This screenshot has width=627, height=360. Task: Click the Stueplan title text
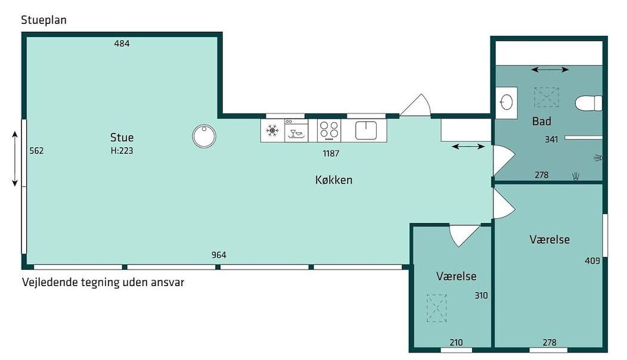[x=44, y=20]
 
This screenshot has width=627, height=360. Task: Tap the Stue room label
[x=122, y=137]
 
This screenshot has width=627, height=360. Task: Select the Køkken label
[x=334, y=180]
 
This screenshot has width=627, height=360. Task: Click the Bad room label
[x=542, y=121]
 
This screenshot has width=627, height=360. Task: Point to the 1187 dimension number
[x=331, y=153]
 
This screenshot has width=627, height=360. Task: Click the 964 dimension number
[x=219, y=255]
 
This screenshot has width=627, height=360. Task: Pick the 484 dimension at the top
[x=122, y=44]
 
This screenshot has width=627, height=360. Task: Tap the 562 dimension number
[x=36, y=151]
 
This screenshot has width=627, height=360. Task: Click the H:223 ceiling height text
[x=122, y=151]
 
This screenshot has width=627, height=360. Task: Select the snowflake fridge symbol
[x=272, y=130]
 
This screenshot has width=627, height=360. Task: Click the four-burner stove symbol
[x=329, y=130]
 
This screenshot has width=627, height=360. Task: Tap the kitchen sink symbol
[x=366, y=130]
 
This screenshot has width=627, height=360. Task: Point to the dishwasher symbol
[x=297, y=130]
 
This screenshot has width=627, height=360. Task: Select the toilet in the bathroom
[x=589, y=103]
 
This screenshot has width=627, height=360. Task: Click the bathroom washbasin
[x=506, y=102]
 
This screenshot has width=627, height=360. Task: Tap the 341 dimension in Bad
[x=551, y=140]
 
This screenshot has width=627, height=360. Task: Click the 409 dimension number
[x=593, y=261]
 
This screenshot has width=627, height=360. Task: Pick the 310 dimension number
[x=481, y=295]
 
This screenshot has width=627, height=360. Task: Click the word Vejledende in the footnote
[x=50, y=282]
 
